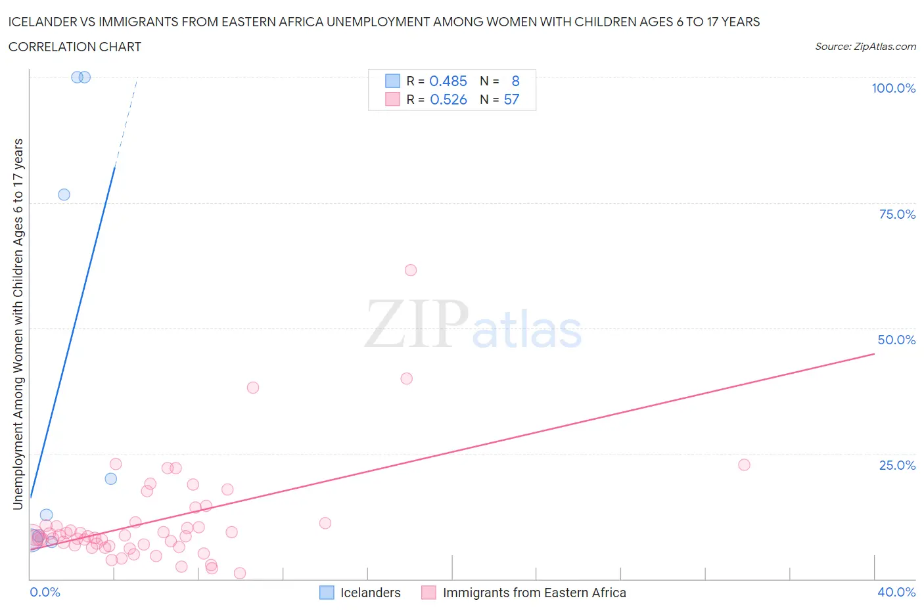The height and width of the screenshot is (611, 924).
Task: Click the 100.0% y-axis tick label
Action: pos(893,88)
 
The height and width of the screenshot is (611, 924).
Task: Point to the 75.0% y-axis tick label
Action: pos(897,214)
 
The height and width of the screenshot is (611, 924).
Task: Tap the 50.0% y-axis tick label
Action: pos(896,340)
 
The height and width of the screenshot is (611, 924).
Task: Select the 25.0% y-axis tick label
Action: pos(897,465)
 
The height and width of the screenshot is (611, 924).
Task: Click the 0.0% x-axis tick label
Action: pos(45,592)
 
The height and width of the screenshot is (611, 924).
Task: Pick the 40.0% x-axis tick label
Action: pos(896,592)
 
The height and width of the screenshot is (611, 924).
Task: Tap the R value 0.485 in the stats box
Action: pos(448,81)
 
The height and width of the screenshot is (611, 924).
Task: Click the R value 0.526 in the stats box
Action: pos(448,99)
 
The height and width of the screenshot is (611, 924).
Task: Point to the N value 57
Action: pos(511,99)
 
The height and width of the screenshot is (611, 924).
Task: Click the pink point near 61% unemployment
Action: pos(411,270)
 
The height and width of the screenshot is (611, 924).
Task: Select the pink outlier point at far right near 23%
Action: pos(744,464)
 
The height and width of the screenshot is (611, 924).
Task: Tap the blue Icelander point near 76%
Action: pos(64,194)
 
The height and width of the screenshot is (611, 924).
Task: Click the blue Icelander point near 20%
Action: pos(111,479)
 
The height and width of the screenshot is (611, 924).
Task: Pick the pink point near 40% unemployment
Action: pos(407,378)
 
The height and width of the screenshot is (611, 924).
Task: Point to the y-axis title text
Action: pos(18,324)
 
